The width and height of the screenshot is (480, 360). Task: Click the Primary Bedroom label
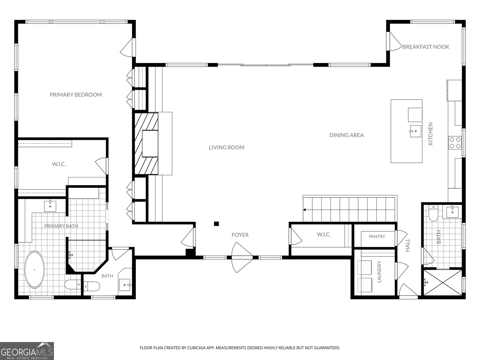(76, 94)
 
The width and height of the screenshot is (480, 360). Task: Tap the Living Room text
(226, 147)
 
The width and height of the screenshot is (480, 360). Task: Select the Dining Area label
(346, 135)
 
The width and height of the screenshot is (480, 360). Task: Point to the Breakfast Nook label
(426, 47)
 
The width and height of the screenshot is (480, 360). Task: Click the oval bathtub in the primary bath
(34, 270)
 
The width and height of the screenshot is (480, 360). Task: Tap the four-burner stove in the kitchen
(455, 143)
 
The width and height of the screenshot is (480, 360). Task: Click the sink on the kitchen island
(415, 131)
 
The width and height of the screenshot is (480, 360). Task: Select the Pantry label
(377, 236)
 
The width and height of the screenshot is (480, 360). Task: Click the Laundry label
(379, 272)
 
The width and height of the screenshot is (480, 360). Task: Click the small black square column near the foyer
(216, 223)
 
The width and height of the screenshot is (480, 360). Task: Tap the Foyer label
(240, 235)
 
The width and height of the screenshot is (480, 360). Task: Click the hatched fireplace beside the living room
(146, 144)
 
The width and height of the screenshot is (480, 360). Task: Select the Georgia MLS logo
(27, 351)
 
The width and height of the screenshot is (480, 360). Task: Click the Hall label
(408, 245)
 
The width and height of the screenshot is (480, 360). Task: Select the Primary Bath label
(61, 226)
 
